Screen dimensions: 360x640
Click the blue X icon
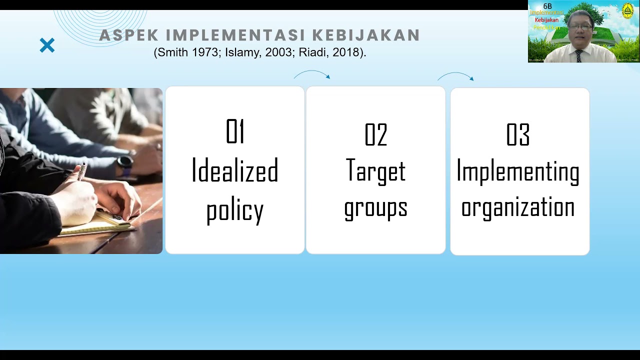pos(47,46)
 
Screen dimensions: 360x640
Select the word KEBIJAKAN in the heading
pos(366,35)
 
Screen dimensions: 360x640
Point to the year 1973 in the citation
pos(198,52)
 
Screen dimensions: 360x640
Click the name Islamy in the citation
pos(241,52)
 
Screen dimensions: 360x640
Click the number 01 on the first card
pos(235,132)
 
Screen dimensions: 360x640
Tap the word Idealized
pos(235,171)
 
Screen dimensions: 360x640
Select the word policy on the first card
pos(235,210)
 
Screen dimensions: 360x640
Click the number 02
pos(376,135)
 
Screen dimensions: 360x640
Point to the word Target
pos(376,171)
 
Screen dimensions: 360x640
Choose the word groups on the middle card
pos(376,207)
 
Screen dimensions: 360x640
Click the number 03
pos(518,135)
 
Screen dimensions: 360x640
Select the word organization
pos(518,207)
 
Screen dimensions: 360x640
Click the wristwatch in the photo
pos(124,162)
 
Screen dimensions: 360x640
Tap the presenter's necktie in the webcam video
pos(578,55)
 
